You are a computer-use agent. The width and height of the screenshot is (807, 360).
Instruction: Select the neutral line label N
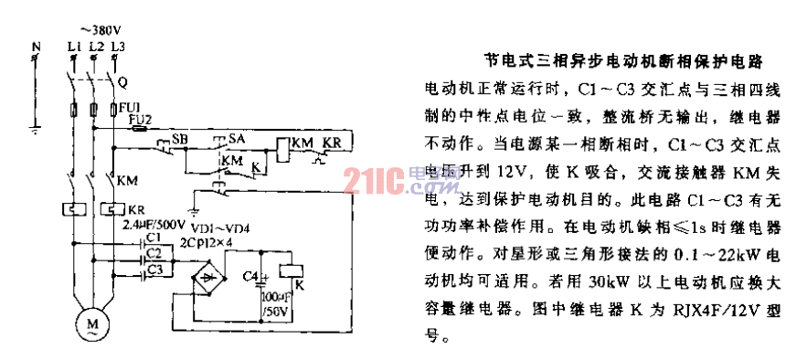click(37, 45)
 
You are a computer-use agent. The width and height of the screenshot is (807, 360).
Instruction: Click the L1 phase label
click(72, 45)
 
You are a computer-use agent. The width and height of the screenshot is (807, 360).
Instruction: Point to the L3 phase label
click(115, 45)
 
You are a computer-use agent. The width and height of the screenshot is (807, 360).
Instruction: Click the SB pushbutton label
click(181, 139)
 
